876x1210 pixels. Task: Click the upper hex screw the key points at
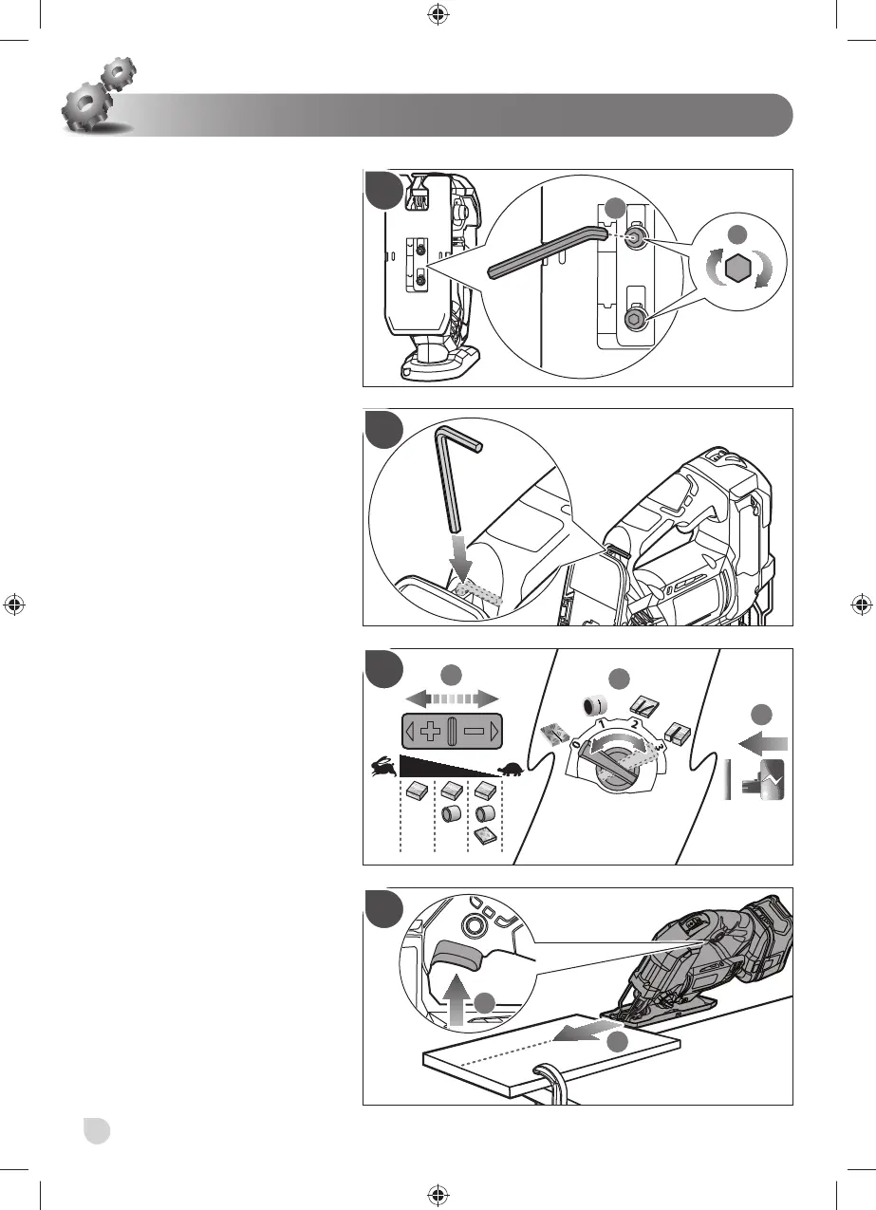(635, 241)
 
